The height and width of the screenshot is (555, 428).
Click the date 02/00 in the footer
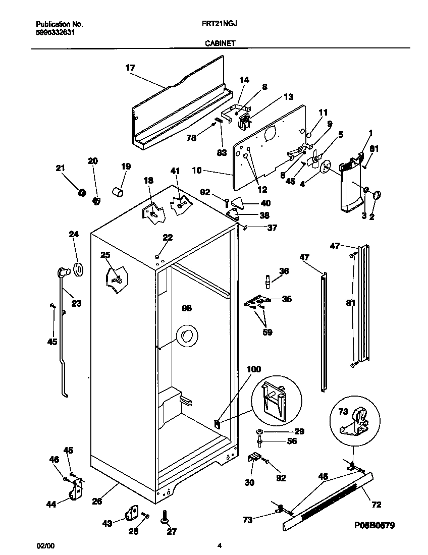click(44, 545)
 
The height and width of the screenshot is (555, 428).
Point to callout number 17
click(130, 67)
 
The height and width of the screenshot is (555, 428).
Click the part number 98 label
click(187, 308)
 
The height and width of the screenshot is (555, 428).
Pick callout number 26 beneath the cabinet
click(97, 501)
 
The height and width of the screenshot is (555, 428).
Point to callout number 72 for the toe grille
click(376, 504)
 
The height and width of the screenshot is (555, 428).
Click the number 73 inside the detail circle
click(343, 412)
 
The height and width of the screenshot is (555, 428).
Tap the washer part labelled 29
click(259, 432)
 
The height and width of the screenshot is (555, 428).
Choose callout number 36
click(284, 271)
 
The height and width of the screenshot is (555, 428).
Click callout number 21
click(61, 168)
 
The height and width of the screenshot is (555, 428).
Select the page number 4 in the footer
click(219, 545)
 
